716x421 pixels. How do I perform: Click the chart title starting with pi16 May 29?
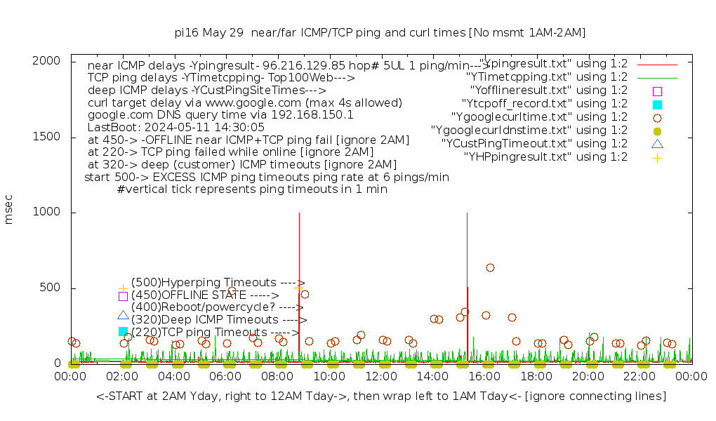380,32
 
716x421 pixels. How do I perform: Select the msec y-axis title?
9,212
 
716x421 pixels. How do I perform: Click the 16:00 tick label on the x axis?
484,376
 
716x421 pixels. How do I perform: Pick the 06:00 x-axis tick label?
225,376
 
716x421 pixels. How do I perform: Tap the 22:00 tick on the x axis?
639,376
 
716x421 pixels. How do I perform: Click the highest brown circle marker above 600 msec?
490,267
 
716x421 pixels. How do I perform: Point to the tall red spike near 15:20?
467,281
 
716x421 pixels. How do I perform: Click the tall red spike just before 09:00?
299,281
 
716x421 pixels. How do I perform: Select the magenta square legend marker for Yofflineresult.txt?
657,91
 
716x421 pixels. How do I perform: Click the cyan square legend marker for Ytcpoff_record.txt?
657,104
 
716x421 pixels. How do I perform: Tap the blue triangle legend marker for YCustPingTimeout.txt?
657,144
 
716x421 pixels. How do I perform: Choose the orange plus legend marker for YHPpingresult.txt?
657,157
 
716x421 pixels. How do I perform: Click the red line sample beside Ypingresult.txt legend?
657,64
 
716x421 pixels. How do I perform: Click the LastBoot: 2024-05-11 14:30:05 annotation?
176,127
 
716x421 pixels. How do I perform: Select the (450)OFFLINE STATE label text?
205,295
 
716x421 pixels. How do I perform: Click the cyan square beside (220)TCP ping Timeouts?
123,331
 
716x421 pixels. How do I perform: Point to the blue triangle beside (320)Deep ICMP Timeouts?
123,316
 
